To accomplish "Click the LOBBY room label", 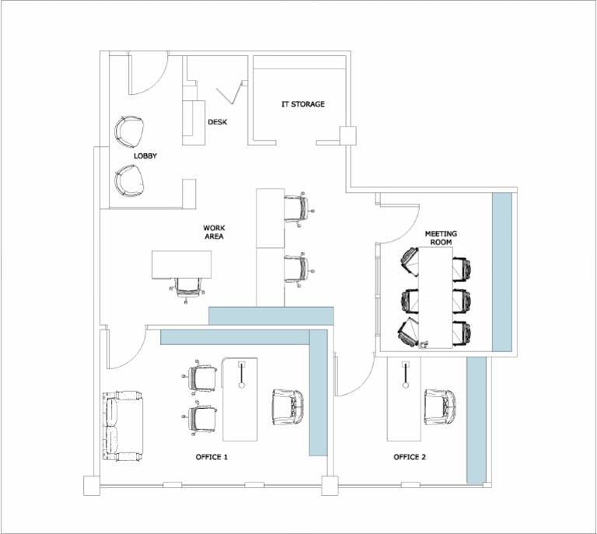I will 145,156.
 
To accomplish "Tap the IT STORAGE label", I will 302,104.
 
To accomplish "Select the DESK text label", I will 217,122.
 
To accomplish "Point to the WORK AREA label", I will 214,232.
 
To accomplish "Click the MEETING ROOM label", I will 441,238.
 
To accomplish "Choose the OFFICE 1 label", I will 211,457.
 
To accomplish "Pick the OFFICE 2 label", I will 410,457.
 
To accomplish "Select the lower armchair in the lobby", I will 129,181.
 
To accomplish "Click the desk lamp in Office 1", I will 242,373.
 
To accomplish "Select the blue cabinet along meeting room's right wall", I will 502,272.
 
